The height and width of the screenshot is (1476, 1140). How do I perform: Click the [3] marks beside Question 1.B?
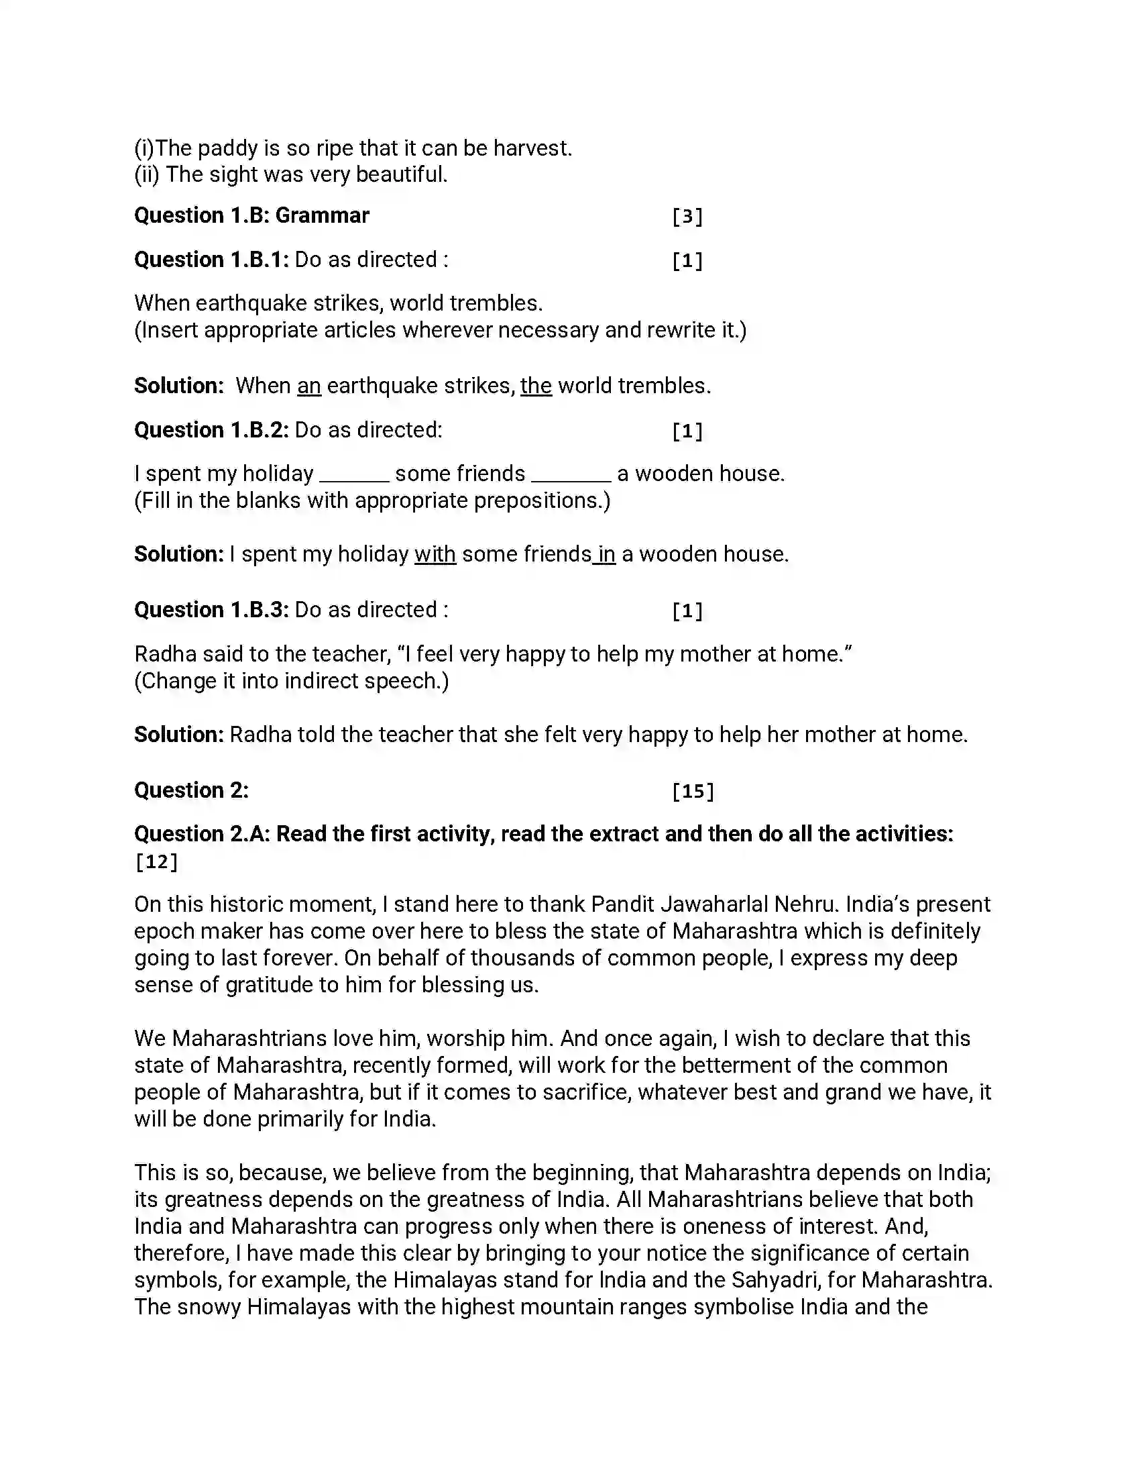(x=687, y=217)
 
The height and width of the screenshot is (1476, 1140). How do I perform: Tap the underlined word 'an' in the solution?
(x=308, y=386)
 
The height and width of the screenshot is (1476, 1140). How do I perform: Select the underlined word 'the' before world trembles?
(x=536, y=386)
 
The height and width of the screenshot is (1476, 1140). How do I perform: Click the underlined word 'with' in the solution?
(x=435, y=554)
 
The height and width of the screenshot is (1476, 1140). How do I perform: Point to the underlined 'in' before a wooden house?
(x=606, y=554)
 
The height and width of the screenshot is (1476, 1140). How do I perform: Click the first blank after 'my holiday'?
(x=354, y=474)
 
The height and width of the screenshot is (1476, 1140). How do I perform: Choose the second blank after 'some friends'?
(x=571, y=474)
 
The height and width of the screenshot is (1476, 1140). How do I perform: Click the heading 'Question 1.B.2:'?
(x=211, y=430)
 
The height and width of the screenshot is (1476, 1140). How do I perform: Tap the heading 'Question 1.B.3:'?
(x=211, y=610)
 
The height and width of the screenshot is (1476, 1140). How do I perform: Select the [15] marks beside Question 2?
(x=692, y=792)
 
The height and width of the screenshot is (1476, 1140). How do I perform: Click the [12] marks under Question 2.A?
(x=156, y=861)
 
